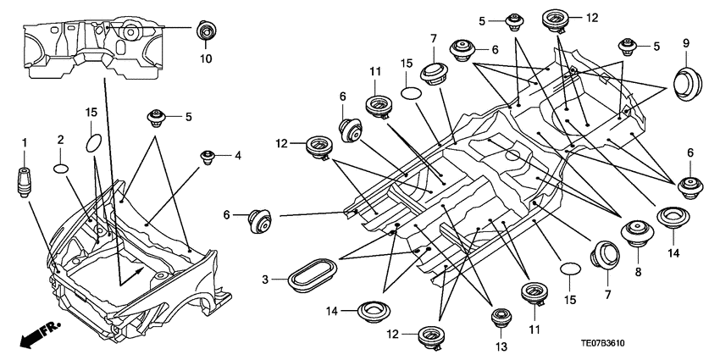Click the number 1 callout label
pyautogui.click(x=25, y=141)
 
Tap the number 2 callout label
pyautogui.click(x=61, y=139)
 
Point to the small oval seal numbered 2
pyautogui.click(x=61, y=168)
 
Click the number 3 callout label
pyautogui.click(x=265, y=280)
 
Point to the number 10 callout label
pyautogui.click(x=207, y=58)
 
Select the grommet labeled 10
pyautogui.click(x=206, y=30)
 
